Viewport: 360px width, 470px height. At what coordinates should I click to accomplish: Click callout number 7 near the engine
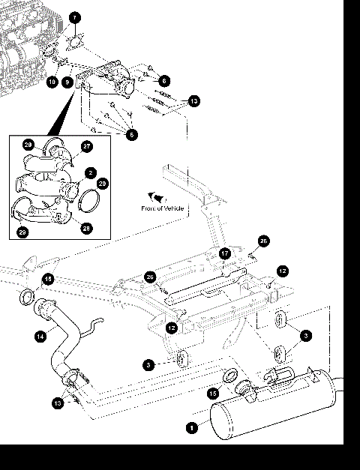click(x=74, y=17)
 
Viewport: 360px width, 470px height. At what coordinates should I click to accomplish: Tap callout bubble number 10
click(x=52, y=82)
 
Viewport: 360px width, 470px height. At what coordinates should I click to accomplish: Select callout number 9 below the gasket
click(x=68, y=82)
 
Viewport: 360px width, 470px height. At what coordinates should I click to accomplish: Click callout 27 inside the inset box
click(x=87, y=148)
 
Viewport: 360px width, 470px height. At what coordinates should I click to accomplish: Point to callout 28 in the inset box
click(x=87, y=228)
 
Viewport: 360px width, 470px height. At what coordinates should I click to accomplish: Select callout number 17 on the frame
click(x=224, y=253)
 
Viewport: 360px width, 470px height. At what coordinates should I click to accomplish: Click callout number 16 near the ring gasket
click(x=48, y=279)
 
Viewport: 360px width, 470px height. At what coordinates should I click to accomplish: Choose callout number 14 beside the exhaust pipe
click(x=40, y=337)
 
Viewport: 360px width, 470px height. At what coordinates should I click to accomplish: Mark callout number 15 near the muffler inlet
click(x=214, y=393)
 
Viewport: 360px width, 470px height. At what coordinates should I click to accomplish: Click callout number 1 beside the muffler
click(x=192, y=428)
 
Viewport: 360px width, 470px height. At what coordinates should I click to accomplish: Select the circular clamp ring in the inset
click(x=90, y=200)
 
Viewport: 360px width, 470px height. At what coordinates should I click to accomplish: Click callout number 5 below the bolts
click(x=132, y=134)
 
